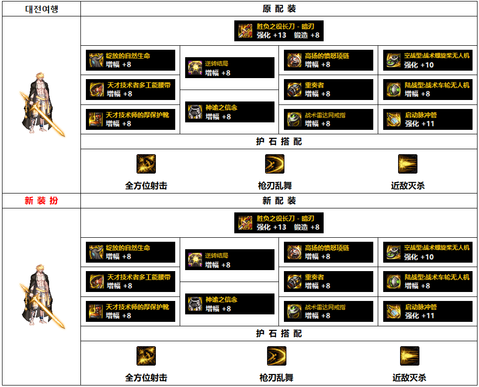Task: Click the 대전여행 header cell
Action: point(41,8)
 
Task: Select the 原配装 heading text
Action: point(279,8)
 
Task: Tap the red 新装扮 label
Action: point(41,200)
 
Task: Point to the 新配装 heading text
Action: point(279,200)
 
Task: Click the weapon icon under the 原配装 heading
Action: point(246,30)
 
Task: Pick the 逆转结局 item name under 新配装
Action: point(217,256)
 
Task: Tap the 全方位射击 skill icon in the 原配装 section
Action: point(146,164)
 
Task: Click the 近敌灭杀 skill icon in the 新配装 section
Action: point(410,356)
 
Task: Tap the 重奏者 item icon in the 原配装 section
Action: point(294,90)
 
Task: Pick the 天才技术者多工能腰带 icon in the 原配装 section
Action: point(96,90)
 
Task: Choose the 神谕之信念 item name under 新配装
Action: point(221,299)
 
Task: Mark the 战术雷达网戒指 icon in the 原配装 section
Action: point(294,119)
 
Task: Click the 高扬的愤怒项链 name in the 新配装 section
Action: point(327,248)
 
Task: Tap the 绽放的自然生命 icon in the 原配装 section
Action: point(96,60)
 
